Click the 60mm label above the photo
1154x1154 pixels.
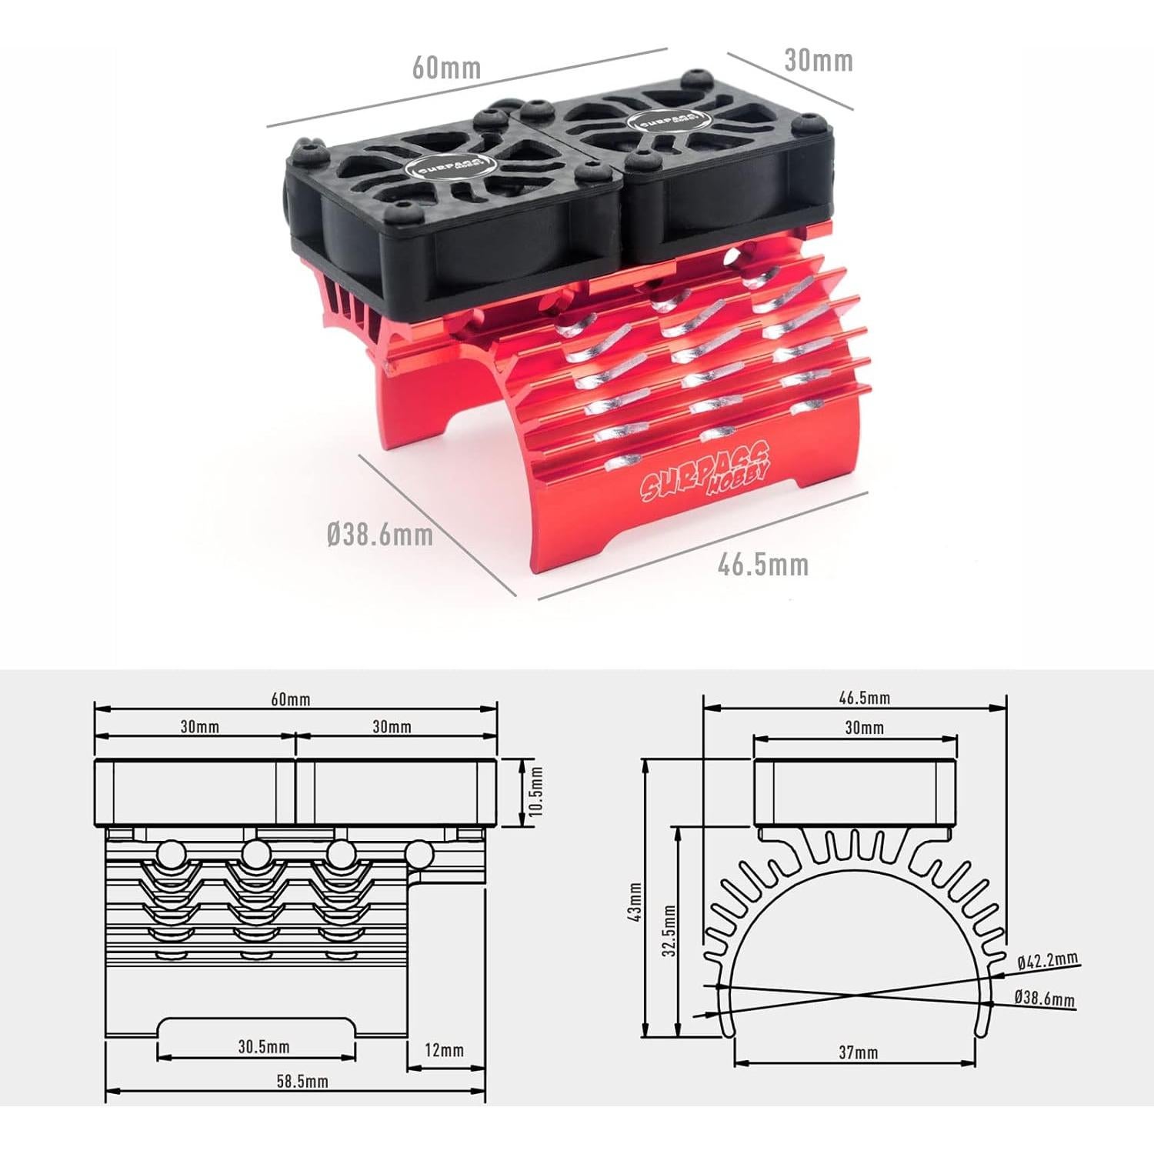tap(446, 68)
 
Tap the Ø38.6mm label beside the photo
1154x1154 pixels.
tap(380, 534)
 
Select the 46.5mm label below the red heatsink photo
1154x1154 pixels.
tap(763, 565)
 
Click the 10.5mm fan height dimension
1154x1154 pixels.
tap(537, 792)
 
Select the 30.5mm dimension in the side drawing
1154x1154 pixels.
tap(264, 1046)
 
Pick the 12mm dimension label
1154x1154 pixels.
tap(445, 1050)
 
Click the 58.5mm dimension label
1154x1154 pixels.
tap(302, 1081)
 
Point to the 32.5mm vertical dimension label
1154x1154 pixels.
tap(670, 931)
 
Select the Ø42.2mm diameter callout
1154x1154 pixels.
tap(1047, 960)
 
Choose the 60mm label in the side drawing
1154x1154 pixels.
tap(291, 699)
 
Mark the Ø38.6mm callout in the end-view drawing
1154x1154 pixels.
tap(1045, 998)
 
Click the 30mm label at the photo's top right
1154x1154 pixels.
tap(819, 60)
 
